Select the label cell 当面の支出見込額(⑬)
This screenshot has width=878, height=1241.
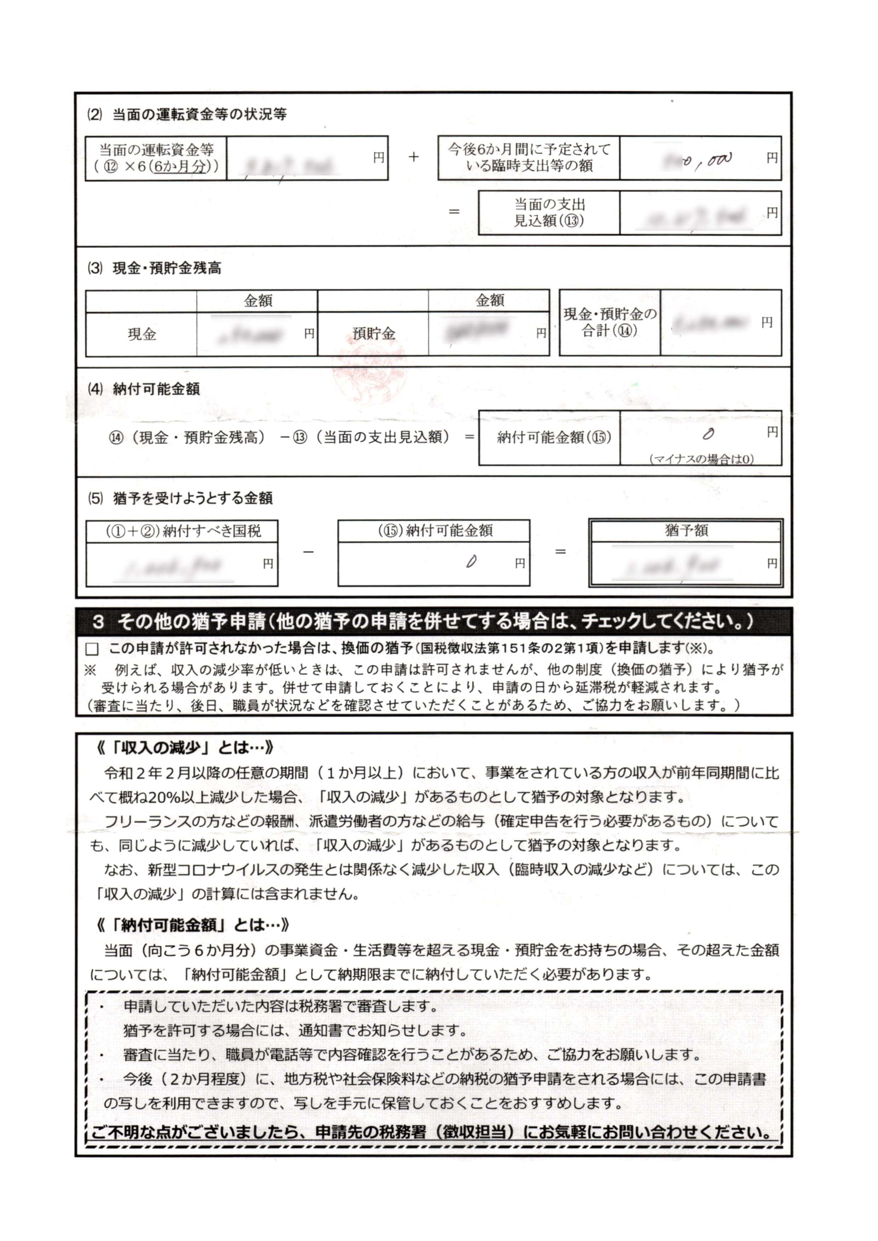(x=549, y=212)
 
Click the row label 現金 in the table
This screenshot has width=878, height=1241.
(x=142, y=334)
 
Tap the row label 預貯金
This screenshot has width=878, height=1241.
(x=373, y=334)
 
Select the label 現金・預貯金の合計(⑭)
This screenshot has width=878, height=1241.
(x=610, y=322)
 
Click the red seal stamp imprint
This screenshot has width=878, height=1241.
(x=369, y=373)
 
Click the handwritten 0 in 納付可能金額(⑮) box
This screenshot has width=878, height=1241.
(x=708, y=433)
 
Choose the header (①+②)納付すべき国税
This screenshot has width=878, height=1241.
(x=182, y=531)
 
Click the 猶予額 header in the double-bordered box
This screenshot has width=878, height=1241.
(x=686, y=530)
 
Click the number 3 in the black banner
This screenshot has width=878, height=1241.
(x=98, y=622)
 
